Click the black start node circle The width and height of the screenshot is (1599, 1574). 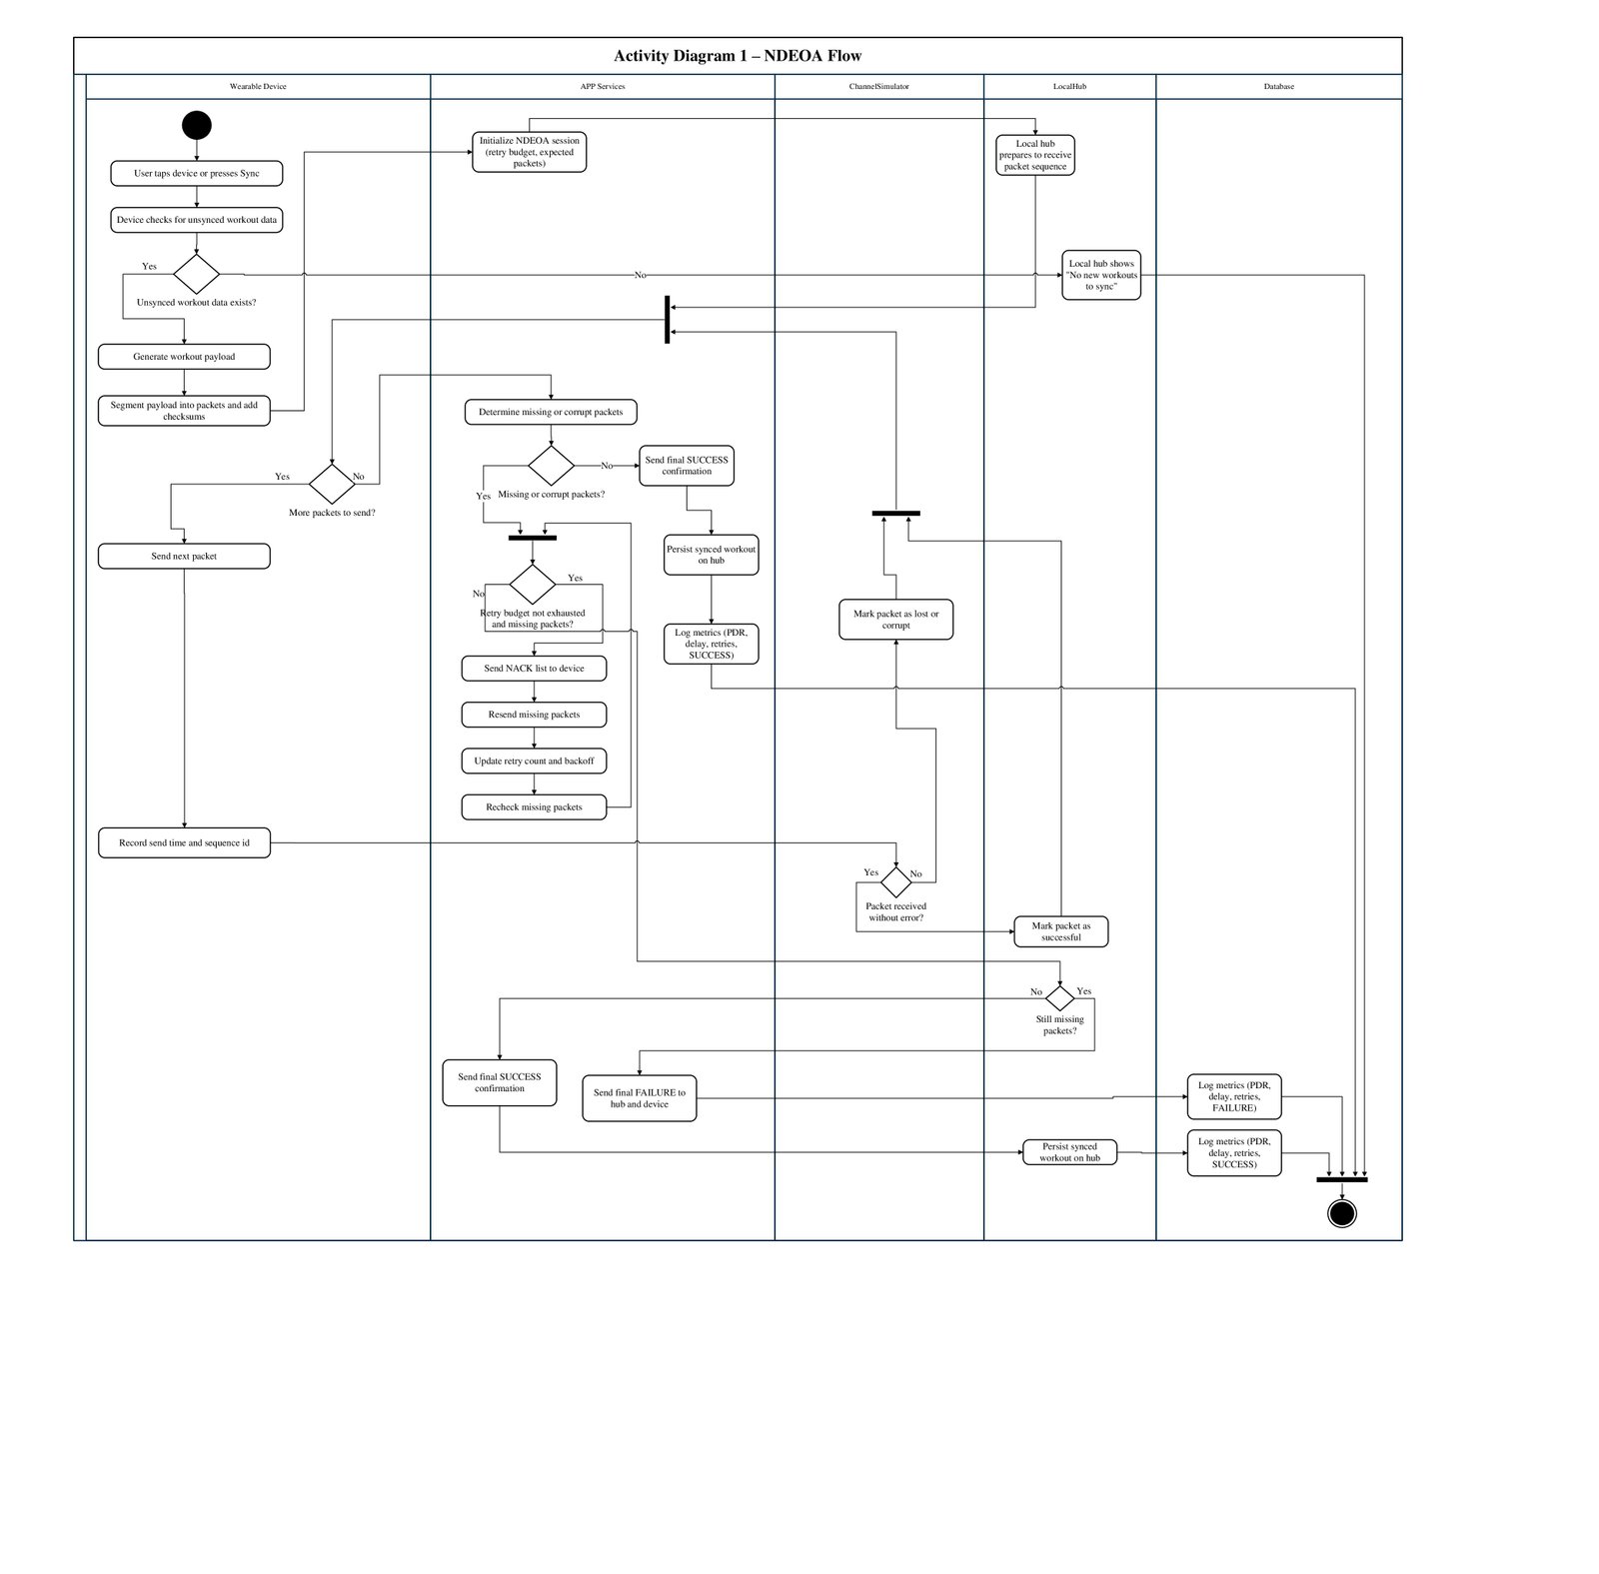197,125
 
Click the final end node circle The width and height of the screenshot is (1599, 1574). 1341,1213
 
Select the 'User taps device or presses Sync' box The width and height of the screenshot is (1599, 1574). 197,173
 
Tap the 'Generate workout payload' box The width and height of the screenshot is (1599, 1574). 184,357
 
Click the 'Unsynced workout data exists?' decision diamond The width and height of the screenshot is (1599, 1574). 196,274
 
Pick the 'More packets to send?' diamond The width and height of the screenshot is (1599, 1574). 332,484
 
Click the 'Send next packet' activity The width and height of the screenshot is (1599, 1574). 184,556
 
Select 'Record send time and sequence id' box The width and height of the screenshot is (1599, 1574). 184,842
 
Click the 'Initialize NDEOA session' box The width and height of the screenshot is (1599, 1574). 530,152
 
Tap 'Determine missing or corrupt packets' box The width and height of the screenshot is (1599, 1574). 551,412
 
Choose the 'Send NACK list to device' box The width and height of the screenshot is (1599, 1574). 534,668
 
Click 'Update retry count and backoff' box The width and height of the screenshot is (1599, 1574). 534,761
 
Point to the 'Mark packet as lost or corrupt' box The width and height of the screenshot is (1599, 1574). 896,620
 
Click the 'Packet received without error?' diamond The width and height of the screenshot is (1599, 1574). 896,882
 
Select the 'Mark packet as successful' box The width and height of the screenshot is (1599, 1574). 1061,931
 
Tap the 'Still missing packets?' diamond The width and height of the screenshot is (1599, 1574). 1059,997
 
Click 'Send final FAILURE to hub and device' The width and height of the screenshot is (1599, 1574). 640,1098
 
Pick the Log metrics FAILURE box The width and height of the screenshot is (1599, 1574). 1234,1096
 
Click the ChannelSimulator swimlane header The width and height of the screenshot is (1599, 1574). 879,87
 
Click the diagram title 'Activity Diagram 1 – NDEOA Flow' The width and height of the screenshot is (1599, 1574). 738,56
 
